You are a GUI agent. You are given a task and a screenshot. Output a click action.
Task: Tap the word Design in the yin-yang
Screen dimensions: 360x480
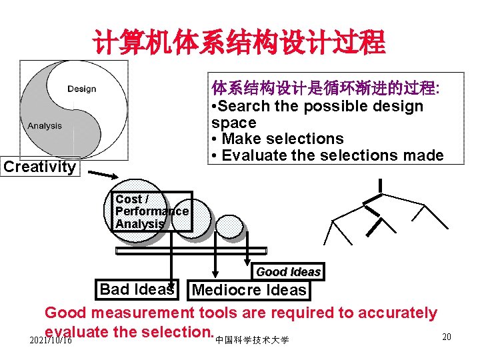click(x=81, y=89)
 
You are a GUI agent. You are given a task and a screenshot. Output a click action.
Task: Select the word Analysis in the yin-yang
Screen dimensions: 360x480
click(x=45, y=126)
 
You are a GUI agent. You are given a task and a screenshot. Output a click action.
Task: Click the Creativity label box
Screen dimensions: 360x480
click(x=40, y=167)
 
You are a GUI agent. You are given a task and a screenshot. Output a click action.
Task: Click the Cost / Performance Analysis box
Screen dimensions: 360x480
click(x=152, y=211)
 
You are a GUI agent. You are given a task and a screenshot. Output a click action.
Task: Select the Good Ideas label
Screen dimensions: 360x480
click(x=289, y=271)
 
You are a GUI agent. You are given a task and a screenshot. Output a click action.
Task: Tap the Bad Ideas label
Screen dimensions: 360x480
click(x=136, y=289)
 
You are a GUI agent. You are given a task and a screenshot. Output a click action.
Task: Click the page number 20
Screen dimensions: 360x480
click(x=447, y=337)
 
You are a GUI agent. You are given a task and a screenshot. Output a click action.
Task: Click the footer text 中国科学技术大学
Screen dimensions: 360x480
click(x=253, y=340)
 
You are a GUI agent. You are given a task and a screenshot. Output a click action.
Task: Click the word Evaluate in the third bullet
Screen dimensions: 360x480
click(x=253, y=156)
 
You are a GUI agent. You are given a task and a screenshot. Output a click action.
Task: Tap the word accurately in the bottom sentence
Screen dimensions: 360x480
click(x=397, y=313)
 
